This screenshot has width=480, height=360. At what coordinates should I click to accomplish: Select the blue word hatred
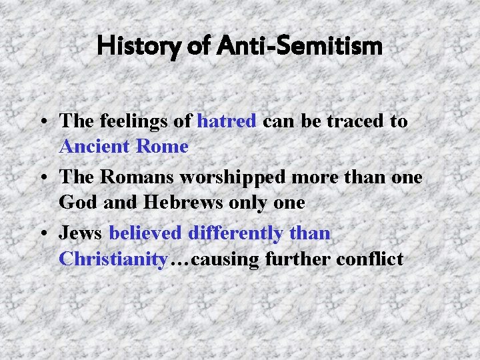point(227,121)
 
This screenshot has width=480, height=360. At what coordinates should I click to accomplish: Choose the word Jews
point(81,233)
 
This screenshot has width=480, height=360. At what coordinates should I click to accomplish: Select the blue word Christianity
point(112,259)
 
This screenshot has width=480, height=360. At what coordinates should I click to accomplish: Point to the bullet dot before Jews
point(43,234)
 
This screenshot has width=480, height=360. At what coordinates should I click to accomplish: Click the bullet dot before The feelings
point(43,122)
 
